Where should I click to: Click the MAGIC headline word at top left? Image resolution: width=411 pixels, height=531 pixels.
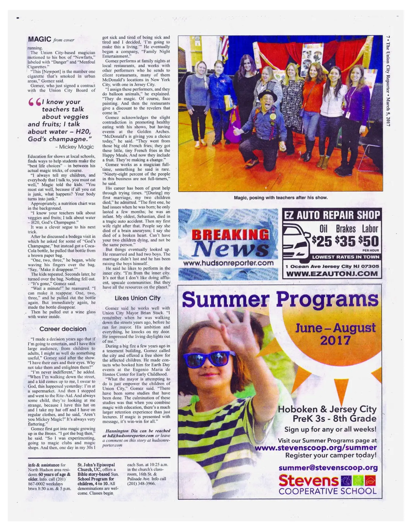tap(39, 39)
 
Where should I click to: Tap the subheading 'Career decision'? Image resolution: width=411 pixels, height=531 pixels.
tap(63, 329)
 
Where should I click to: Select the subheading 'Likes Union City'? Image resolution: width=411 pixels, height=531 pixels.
tap(138, 298)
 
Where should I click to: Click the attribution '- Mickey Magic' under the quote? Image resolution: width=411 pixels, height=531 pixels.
tap(77, 147)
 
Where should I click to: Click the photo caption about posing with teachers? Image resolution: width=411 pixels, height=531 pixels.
tap(281, 197)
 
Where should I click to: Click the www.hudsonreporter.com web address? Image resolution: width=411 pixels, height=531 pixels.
tap(228, 263)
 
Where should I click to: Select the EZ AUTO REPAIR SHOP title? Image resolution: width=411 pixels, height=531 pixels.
tap(332, 215)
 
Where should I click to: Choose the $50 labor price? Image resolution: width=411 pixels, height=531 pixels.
tap(369, 241)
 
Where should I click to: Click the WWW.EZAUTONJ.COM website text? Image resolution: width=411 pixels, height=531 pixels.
tap(332, 274)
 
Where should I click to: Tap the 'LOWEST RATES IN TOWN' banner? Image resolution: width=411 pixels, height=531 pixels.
tap(345, 257)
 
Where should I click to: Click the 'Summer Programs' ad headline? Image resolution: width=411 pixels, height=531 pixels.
tap(280, 300)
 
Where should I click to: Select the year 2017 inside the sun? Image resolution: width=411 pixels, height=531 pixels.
tap(335, 340)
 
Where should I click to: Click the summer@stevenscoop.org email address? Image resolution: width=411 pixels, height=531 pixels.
tap(328, 468)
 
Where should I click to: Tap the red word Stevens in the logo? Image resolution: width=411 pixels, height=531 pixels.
tap(308, 481)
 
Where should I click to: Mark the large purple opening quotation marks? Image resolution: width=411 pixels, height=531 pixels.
tap(34, 102)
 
